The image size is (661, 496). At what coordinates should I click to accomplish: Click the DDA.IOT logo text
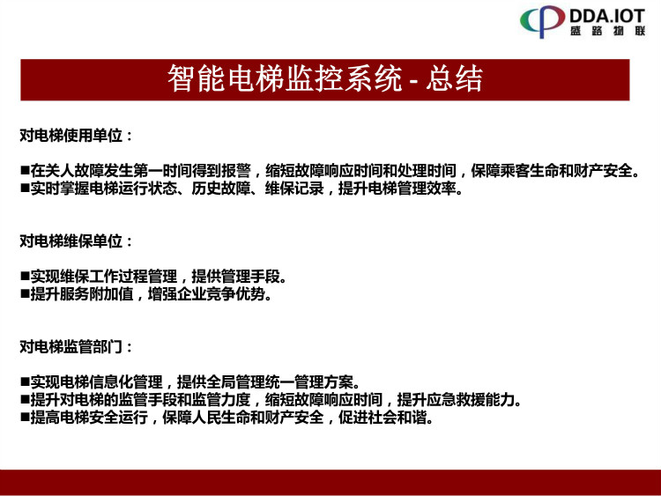(607, 16)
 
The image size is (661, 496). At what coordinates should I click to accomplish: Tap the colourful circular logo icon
(542, 21)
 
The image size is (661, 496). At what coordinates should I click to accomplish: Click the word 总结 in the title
(454, 78)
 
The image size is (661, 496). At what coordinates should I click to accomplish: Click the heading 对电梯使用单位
(71, 136)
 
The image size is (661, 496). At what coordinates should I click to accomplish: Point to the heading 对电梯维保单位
(71, 241)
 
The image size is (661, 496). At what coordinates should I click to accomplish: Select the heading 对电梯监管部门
(71, 347)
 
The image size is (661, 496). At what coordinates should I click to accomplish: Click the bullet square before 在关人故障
(25, 171)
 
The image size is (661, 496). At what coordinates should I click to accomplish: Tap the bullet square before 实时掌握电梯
(25, 189)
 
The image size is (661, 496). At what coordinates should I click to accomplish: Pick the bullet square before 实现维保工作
(25, 277)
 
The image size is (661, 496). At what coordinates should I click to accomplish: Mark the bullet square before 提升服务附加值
(25, 294)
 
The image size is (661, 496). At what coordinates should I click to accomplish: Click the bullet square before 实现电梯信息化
(25, 382)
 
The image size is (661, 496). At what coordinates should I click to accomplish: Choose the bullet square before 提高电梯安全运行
(25, 418)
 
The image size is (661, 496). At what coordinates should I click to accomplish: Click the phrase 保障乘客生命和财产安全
(552, 171)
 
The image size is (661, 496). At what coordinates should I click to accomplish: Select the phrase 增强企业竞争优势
(206, 294)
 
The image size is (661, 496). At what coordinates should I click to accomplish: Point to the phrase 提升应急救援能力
(456, 400)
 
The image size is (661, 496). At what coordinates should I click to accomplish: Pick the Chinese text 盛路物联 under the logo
(608, 31)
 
